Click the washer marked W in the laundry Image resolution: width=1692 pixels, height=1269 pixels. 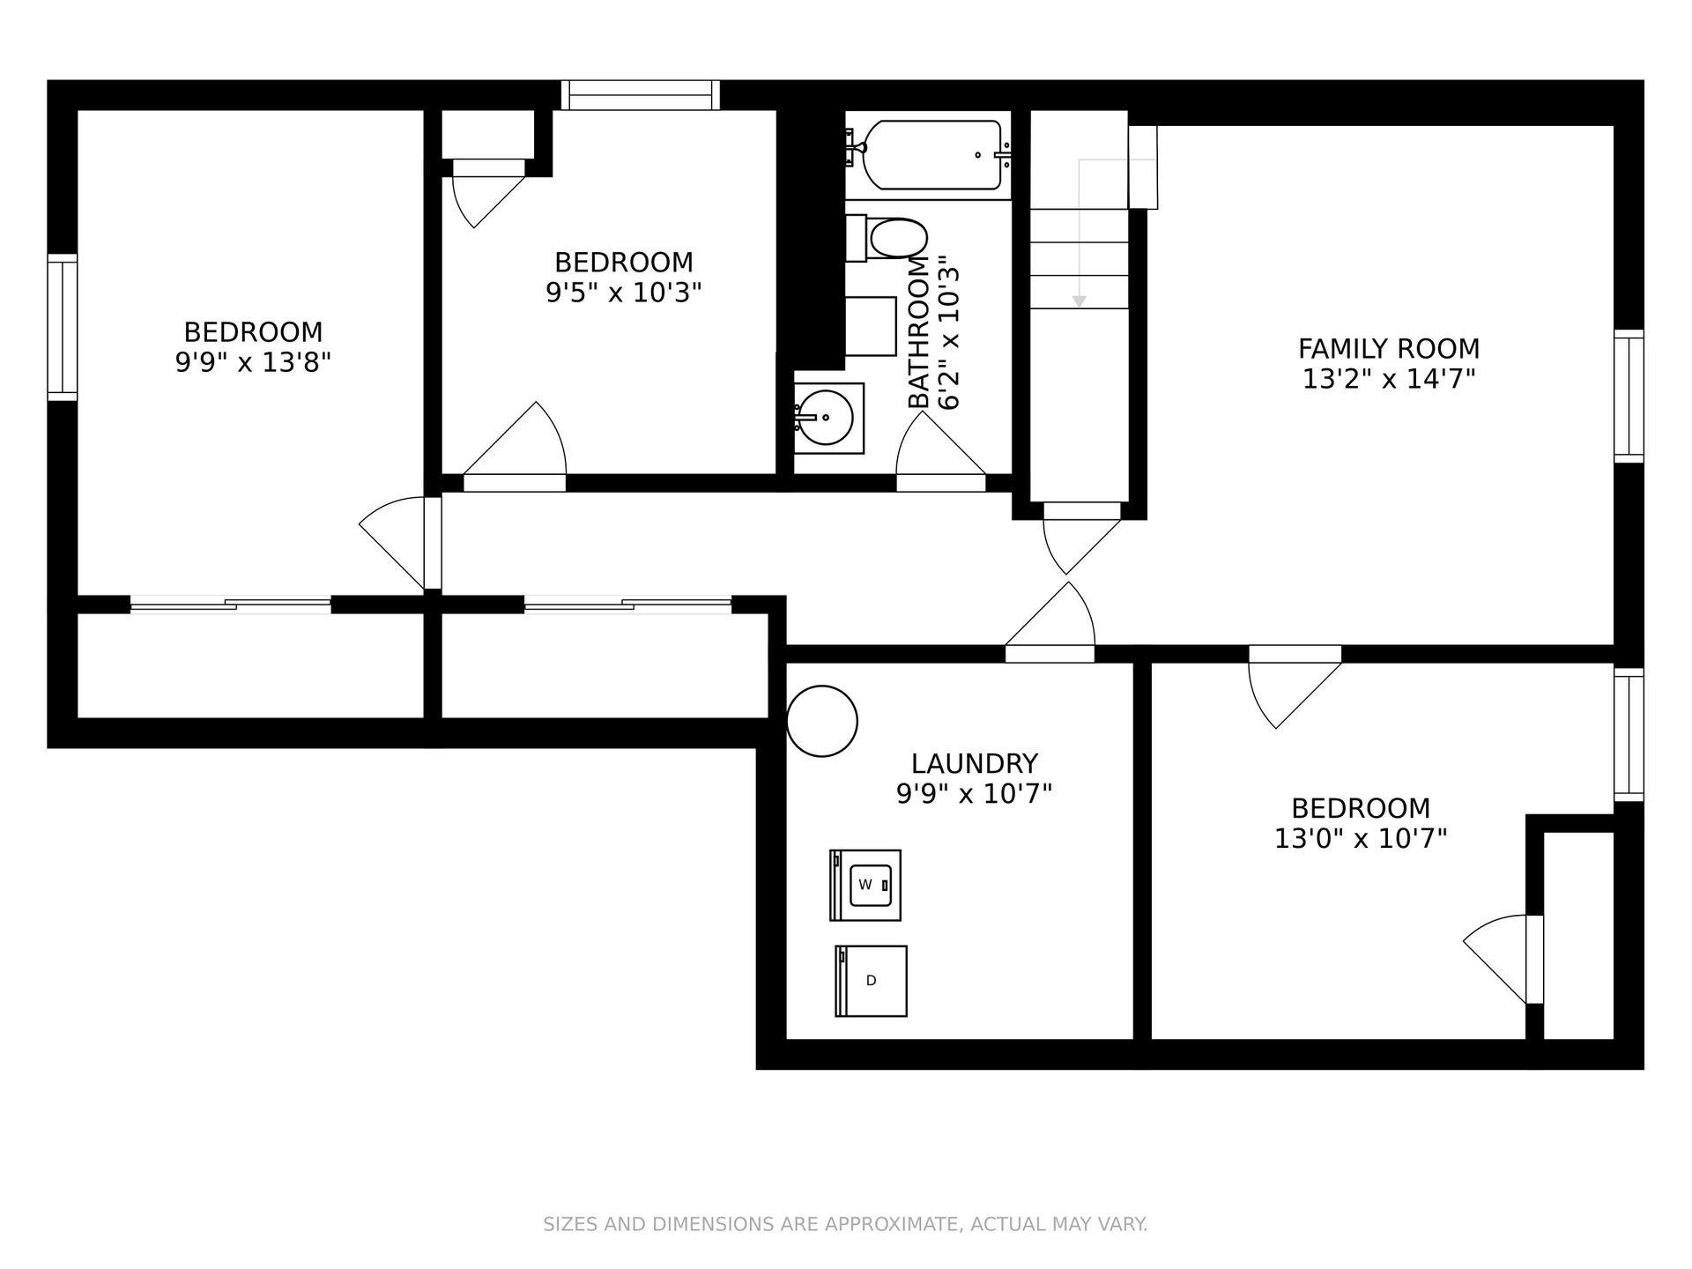pos(865,885)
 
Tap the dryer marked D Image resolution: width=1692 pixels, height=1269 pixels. pos(871,981)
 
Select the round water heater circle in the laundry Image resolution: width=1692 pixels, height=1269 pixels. pos(821,721)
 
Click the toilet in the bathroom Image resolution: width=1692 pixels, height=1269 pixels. pos(887,239)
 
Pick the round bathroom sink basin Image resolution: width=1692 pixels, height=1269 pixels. pos(825,419)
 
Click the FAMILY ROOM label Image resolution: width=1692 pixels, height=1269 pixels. pos(1389,348)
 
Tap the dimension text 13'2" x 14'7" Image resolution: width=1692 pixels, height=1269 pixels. pos(1389,379)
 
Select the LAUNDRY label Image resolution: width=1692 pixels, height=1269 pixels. pos(975,763)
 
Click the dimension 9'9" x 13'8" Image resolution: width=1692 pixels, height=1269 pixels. pos(253,362)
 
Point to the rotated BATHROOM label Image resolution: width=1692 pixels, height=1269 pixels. pos(919,332)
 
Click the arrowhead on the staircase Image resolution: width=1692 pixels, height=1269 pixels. pos(1079,301)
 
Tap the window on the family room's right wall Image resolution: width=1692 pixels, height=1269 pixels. pos(1629,396)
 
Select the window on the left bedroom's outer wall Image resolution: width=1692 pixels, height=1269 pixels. pos(63,327)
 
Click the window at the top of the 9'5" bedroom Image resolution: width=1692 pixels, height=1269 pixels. pos(641,95)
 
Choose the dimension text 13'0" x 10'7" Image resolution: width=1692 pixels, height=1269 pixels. pos(1361,838)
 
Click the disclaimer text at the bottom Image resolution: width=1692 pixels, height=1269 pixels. pos(845,1224)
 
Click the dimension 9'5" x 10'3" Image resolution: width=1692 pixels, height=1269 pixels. pos(624,293)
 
